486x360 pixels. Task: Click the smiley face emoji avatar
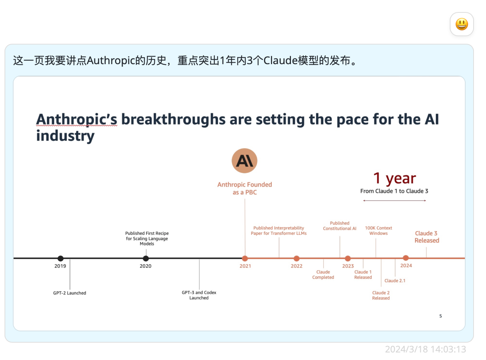coord(461,24)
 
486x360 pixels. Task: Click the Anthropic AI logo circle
coord(244,161)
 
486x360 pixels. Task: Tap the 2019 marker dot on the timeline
coord(60,258)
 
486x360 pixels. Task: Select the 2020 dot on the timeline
coord(146,258)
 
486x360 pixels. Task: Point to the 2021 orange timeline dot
coord(245,258)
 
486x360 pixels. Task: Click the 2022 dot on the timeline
coord(296,258)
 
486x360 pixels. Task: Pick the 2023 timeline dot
coord(348,258)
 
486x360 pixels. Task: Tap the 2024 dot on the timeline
coord(406,258)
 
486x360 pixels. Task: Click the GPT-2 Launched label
coord(69,293)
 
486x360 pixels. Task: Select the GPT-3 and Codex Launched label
coord(199,295)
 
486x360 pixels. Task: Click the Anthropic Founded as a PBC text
coord(245,188)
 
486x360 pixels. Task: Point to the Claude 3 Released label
coord(427,237)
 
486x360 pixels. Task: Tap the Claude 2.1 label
coord(395,280)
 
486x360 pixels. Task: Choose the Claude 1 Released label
coord(363,274)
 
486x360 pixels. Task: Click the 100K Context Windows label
coord(378,231)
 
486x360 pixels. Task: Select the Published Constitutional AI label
coord(340,226)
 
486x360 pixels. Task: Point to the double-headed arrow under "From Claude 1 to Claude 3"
coord(394,200)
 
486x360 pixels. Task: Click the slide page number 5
coord(440,316)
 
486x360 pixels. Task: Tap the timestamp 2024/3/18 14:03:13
coord(425,349)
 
